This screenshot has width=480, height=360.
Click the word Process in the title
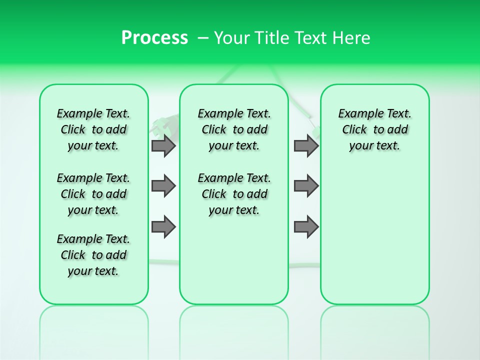154,37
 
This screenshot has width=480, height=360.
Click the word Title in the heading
272,37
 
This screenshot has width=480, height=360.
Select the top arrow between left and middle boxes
163,145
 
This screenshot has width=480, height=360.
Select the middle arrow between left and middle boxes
163,186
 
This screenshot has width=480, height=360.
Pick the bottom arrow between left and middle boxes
163,227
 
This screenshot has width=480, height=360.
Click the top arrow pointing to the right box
306,145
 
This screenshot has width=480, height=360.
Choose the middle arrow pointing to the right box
306,186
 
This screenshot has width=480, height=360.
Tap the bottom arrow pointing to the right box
306,227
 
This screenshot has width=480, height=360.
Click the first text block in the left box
93,129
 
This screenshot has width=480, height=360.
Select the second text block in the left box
93,194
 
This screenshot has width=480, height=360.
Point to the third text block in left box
93,255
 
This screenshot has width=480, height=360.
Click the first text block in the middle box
234,129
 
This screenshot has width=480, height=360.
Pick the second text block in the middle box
234,194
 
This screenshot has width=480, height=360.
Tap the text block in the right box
374,129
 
